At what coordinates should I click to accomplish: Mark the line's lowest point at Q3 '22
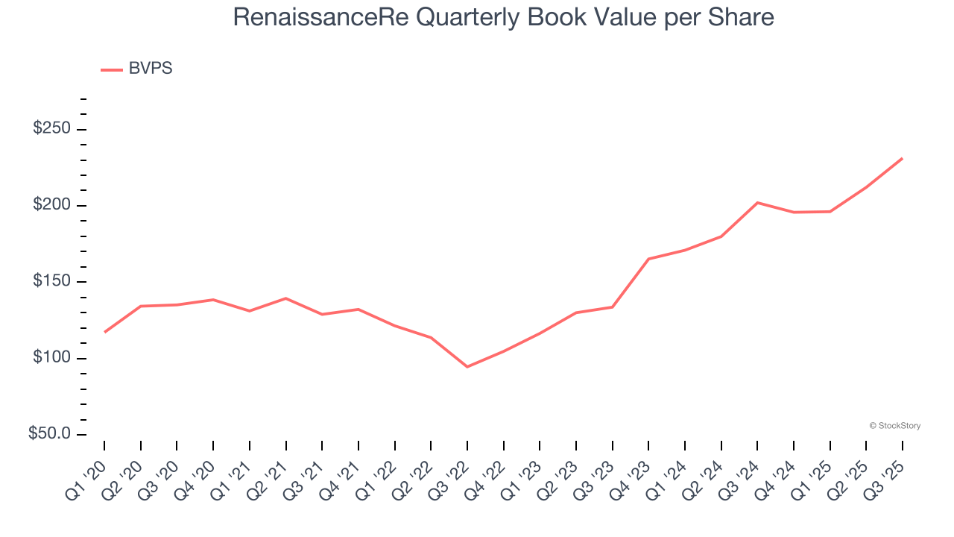pos(467,367)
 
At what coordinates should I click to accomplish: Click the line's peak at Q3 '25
pos(903,158)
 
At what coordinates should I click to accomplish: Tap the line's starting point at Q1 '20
pos(104,332)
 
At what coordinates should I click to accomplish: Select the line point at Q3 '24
pos(757,202)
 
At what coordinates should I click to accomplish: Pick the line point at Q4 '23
pos(648,259)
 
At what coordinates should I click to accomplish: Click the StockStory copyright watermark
pos(894,426)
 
